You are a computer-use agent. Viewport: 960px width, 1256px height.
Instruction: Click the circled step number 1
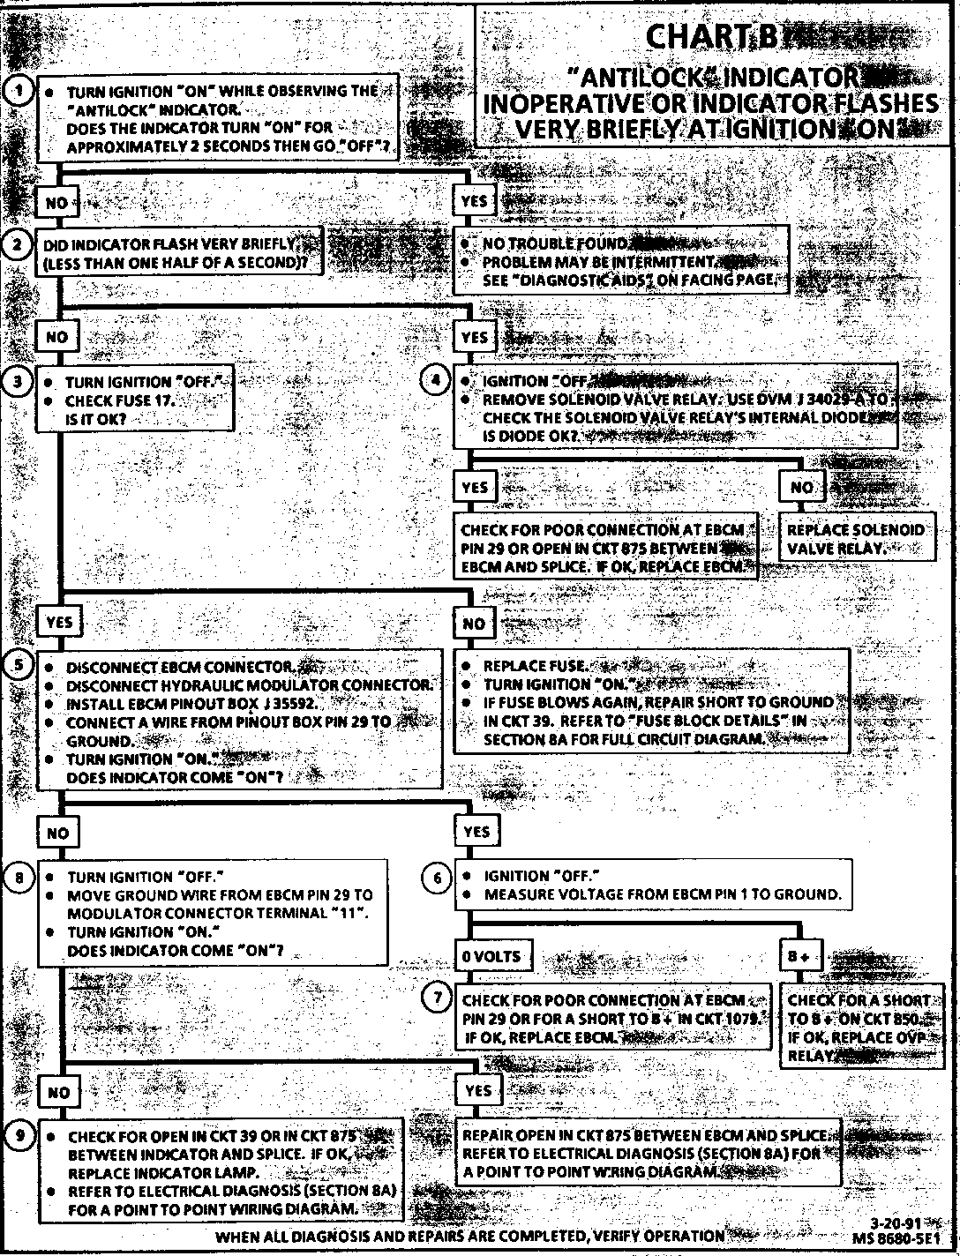19,90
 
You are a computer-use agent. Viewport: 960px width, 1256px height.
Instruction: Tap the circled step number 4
437,381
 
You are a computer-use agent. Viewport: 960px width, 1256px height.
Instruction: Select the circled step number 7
439,998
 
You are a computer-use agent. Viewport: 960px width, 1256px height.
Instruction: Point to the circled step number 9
19,1134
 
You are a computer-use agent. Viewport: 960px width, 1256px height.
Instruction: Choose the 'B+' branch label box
799,957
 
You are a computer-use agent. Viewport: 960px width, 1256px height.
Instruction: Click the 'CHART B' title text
712,37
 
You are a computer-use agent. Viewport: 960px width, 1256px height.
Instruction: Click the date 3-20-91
893,1224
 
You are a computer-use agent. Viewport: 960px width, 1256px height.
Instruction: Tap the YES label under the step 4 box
475,488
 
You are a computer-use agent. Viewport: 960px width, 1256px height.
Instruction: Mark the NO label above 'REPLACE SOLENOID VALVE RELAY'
802,488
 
